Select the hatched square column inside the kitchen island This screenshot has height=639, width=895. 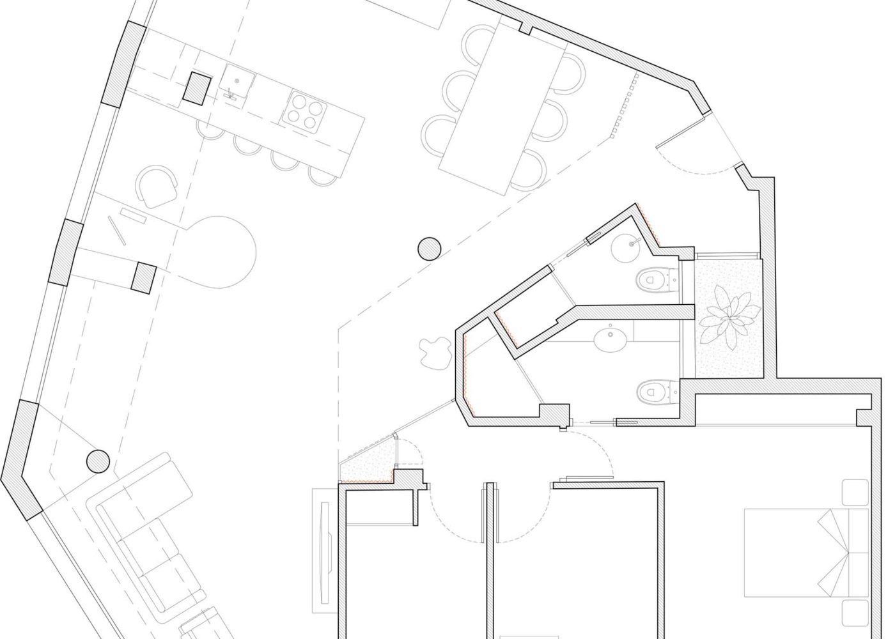coord(197,88)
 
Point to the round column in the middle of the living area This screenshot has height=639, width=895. coord(429,248)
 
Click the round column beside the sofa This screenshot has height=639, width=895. coord(97,461)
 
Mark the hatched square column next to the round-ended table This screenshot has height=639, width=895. coord(144,277)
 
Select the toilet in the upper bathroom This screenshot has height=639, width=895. coord(653,279)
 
